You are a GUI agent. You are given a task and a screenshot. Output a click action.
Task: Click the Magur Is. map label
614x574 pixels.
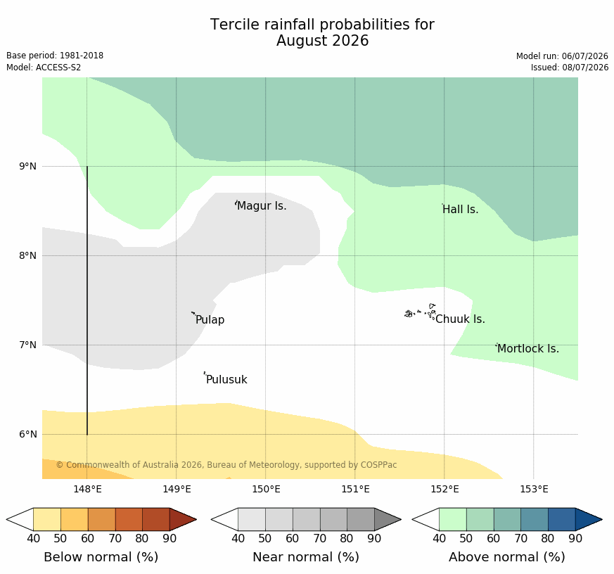[x=262, y=206]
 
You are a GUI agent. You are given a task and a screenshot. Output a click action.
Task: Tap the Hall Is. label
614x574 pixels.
[x=461, y=210]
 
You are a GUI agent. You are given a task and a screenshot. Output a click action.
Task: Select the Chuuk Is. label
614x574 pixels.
[x=460, y=319]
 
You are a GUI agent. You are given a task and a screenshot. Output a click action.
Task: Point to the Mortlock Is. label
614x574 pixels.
[x=528, y=348]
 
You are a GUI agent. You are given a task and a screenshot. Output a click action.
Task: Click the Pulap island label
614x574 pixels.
[x=210, y=320]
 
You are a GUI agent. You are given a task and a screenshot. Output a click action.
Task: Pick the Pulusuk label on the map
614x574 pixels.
[x=226, y=379]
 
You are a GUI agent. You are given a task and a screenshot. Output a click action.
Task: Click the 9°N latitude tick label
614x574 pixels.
[x=28, y=167]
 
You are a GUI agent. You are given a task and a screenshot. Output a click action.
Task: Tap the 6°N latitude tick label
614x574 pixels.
[x=28, y=434]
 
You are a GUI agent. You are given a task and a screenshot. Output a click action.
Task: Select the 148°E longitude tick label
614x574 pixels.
[x=87, y=489]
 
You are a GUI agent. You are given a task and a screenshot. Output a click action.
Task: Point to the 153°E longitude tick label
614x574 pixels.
[x=534, y=489]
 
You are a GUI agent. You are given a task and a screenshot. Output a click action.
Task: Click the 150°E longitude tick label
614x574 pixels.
[x=267, y=489]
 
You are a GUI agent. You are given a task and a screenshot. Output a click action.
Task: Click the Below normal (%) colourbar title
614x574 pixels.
[x=101, y=557]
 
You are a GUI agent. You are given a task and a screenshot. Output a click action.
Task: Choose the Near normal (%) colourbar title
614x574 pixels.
[x=306, y=557]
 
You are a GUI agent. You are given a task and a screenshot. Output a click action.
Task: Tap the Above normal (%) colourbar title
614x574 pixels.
[x=506, y=557]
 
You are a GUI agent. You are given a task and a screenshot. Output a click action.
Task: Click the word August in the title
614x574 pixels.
[x=302, y=41]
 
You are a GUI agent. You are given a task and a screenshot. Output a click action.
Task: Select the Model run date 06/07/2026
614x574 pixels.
[x=585, y=56]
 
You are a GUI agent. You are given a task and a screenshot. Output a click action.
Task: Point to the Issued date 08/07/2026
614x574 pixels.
[x=585, y=68]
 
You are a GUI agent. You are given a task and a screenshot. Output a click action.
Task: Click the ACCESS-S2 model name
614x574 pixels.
[x=58, y=68]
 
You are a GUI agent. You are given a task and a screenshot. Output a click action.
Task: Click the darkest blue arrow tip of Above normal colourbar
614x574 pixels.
[x=601, y=520]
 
